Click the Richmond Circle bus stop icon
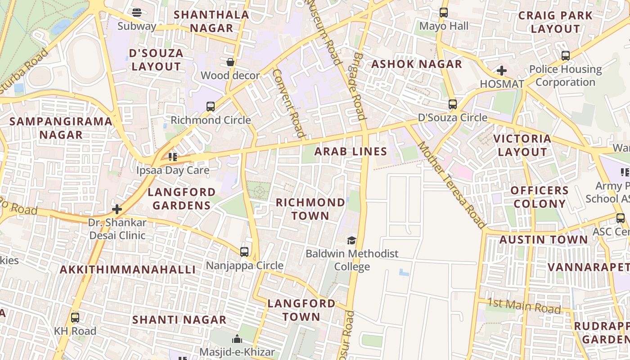(210, 107)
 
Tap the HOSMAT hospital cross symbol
(502, 71)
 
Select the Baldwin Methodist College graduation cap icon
(351, 241)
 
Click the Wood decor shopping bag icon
(230, 62)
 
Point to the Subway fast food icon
(137, 13)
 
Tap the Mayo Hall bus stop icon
(443, 13)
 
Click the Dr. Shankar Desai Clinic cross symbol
(117, 209)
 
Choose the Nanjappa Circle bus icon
(244, 252)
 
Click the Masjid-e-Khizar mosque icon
(237, 338)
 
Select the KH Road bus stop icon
(75, 318)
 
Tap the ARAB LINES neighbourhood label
(351, 151)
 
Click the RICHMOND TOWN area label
(310, 209)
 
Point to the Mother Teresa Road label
(452, 185)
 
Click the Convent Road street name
(289, 103)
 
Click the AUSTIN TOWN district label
(544, 240)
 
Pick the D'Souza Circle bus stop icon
(453, 104)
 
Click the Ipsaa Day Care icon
(173, 157)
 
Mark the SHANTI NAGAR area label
(179, 320)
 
